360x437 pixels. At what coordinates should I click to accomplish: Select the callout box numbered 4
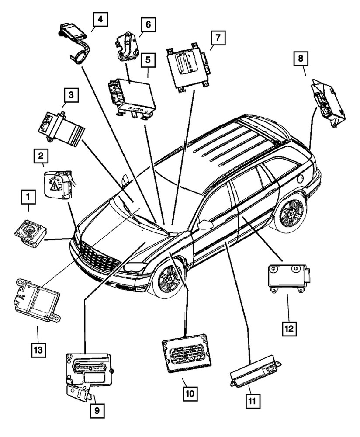100,20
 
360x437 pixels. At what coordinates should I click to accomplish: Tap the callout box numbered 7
218,39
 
